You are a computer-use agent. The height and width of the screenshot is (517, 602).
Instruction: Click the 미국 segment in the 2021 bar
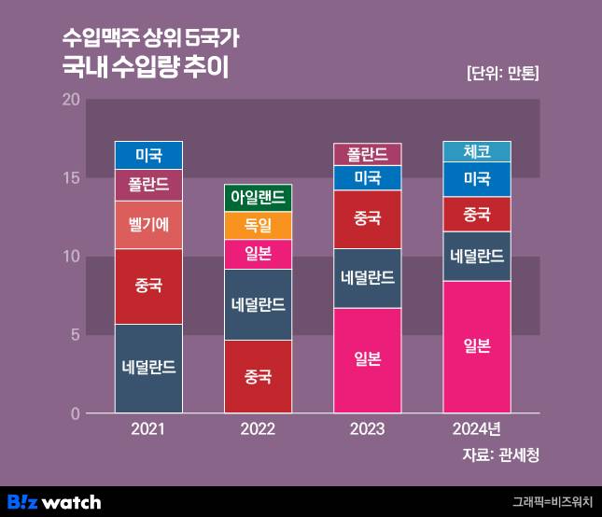[148, 155]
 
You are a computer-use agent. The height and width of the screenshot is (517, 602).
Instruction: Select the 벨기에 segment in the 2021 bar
[148, 224]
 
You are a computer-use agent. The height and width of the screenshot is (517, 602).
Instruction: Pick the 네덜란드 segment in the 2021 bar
[148, 368]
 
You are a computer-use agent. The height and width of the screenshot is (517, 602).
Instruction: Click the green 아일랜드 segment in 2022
[259, 198]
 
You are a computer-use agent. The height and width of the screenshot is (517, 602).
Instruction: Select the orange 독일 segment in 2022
[259, 225]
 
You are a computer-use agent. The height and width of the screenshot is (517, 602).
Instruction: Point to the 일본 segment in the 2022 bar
[259, 254]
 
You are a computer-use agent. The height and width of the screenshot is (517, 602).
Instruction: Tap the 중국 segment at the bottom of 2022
[259, 377]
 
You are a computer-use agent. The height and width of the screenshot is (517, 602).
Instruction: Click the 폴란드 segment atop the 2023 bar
[368, 154]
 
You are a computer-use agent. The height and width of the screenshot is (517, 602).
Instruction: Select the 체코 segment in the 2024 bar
[477, 151]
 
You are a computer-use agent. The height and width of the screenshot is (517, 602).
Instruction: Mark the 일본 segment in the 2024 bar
[477, 346]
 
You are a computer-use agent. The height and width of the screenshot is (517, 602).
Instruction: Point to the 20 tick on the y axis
[69, 100]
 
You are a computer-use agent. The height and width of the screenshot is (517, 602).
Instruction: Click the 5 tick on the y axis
[74, 335]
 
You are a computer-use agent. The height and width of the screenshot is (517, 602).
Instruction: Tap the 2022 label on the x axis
[259, 429]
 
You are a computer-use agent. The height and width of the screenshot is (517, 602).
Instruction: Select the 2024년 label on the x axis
[477, 429]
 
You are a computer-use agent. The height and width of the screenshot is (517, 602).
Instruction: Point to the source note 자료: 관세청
[500, 455]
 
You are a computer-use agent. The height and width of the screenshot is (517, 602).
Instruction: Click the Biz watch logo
[53, 502]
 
